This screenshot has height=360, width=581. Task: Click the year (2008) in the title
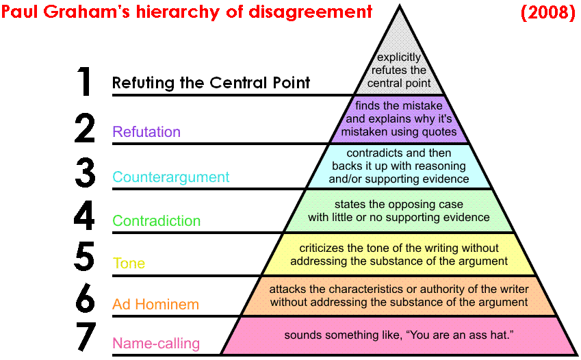(547, 12)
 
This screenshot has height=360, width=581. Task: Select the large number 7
(84, 338)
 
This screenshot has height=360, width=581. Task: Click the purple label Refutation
(146, 132)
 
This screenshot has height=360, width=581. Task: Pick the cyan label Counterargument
(170, 177)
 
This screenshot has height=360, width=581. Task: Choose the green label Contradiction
(156, 221)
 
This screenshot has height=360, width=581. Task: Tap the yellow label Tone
(129, 263)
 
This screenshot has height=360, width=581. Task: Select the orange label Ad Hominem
(155, 305)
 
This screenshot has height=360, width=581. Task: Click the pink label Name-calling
(156, 344)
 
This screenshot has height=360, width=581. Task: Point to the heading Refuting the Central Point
(211, 83)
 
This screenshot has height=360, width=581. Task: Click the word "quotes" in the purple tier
(439, 131)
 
